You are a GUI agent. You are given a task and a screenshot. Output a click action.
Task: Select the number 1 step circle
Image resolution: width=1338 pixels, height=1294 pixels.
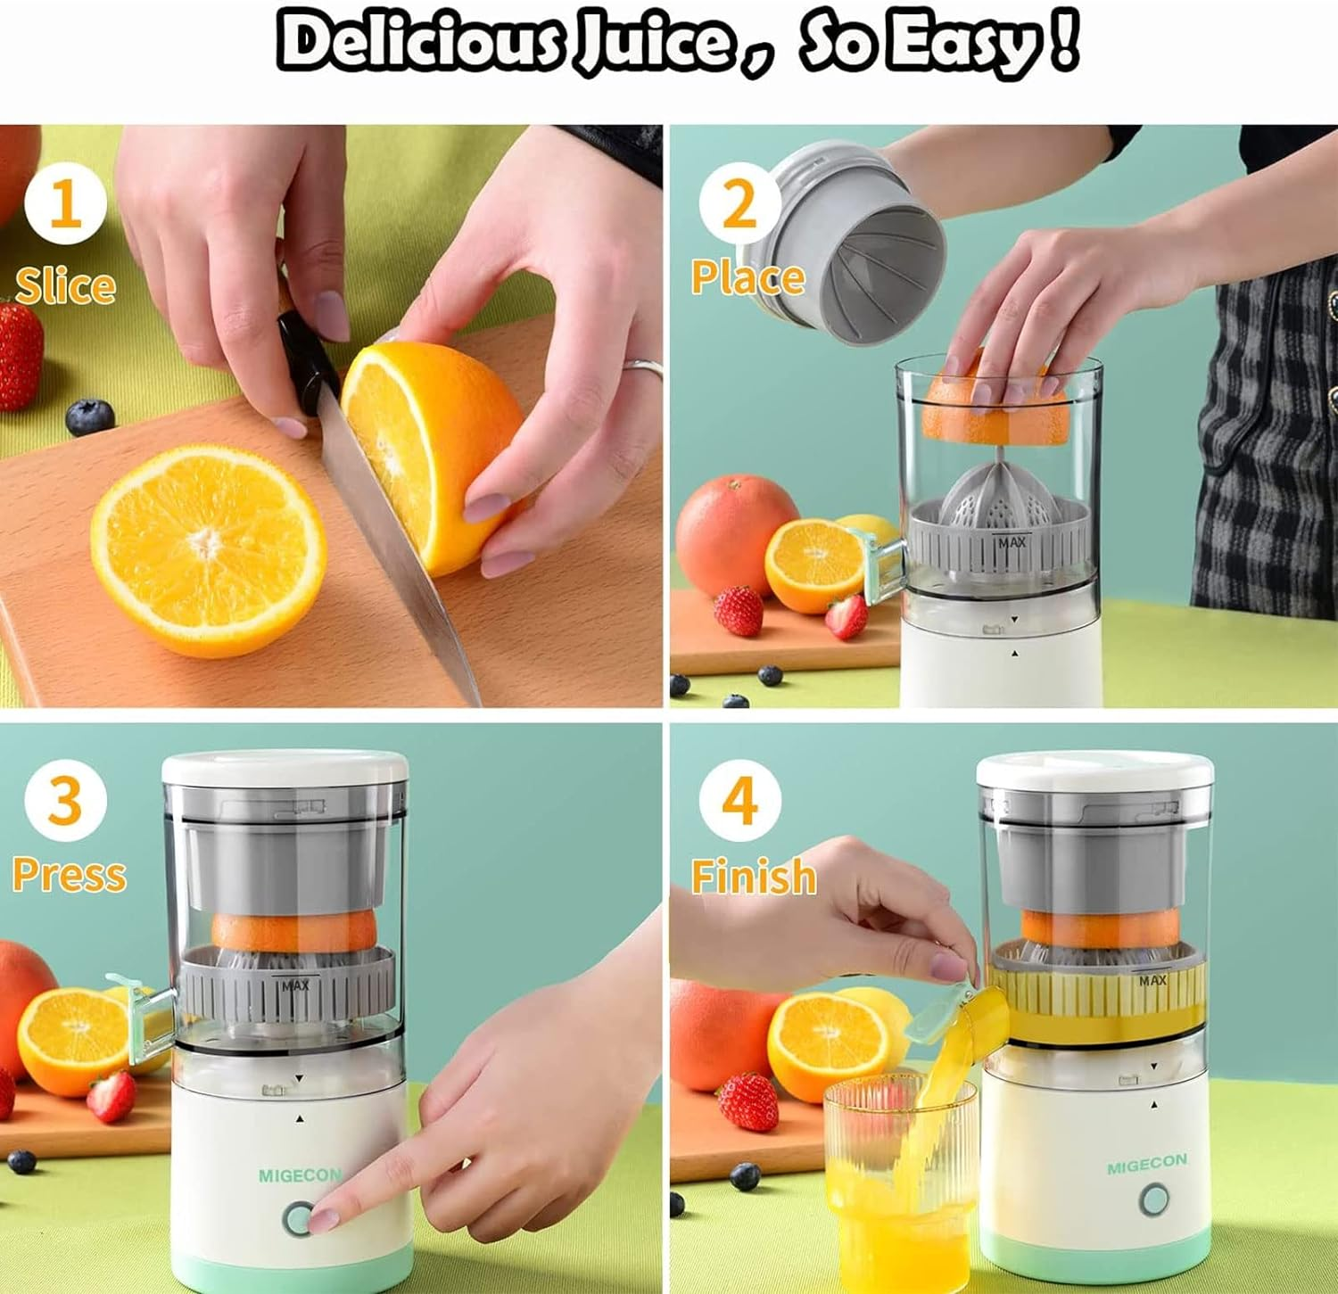[x=65, y=203]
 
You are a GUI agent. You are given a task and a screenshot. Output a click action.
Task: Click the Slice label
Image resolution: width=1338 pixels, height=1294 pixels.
[x=65, y=285]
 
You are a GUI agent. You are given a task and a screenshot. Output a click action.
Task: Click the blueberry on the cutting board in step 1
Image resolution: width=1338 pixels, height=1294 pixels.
[x=90, y=416]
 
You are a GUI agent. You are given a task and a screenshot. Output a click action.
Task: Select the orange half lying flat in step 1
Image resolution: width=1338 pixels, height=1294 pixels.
[x=208, y=550]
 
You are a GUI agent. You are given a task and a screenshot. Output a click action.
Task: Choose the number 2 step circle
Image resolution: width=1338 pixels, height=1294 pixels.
[x=739, y=203]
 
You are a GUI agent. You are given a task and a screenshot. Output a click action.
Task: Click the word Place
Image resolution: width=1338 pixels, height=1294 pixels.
[x=747, y=277]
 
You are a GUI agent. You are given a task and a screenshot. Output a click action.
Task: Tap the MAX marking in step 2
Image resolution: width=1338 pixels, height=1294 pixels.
[x=1012, y=542]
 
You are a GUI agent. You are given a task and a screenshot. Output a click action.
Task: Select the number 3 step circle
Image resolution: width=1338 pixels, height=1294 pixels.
[x=65, y=799]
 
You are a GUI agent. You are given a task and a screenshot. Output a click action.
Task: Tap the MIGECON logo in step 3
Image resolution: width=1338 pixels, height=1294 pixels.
[x=299, y=1175]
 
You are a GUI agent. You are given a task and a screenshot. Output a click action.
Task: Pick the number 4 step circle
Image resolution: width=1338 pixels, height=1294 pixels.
[x=739, y=799]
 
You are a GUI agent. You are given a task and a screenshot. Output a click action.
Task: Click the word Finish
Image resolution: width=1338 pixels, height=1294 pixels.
[x=754, y=876]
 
